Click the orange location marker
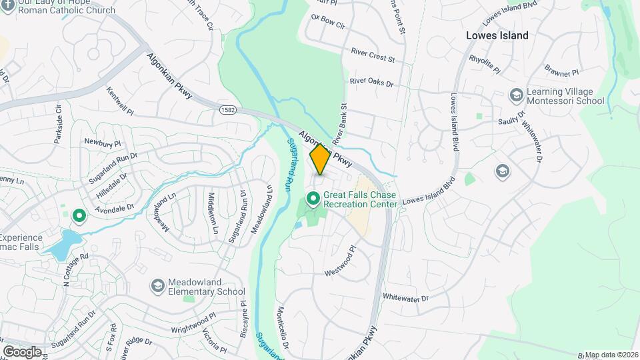[x=320, y=159]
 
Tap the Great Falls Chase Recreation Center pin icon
[x=312, y=199]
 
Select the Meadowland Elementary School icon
[x=158, y=286]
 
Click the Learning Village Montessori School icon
[x=515, y=95]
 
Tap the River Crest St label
[x=373, y=54]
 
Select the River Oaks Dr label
[x=371, y=83]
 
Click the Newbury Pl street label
[x=102, y=143]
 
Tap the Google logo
[x=22, y=351]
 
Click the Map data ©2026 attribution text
[x=611, y=355]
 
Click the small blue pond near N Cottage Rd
[x=62, y=244]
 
